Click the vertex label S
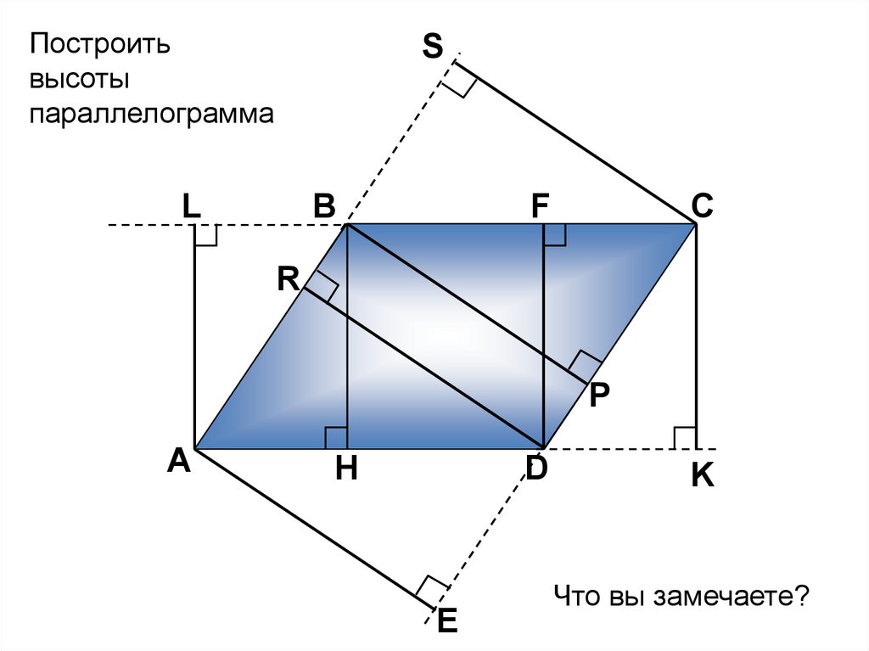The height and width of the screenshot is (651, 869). point(433,47)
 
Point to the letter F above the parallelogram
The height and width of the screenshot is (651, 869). point(541,205)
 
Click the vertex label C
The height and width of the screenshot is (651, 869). point(702,205)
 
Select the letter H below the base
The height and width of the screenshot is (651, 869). point(345,468)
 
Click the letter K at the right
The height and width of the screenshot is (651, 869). point(702,476)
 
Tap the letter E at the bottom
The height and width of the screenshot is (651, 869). point(447,622)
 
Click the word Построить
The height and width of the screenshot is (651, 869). point(101,44)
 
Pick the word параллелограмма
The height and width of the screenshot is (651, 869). point(153,114)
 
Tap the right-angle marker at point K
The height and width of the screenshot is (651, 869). point(684,437)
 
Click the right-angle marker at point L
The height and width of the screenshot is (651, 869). point(206,236)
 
